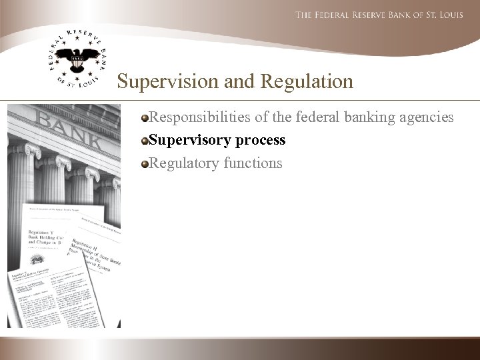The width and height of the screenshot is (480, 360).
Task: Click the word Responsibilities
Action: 198,118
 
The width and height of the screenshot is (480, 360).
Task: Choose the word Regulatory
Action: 181,163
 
